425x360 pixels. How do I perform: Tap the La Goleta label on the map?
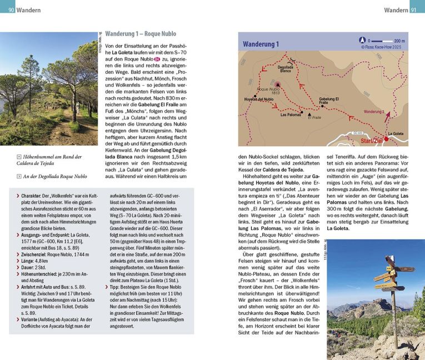tap(396, 133)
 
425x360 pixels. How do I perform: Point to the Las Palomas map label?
tap(291, 115)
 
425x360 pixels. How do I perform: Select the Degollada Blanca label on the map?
tap(286, 69)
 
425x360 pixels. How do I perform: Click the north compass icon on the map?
tap(363, 40)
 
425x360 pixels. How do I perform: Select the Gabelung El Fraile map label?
tap(329, 101)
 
